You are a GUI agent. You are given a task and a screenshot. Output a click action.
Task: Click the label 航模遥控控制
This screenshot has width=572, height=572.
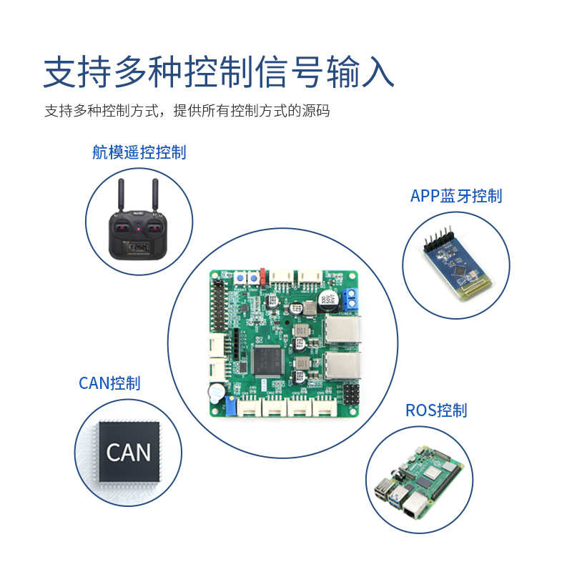pyautogui.click(x=139, y=152)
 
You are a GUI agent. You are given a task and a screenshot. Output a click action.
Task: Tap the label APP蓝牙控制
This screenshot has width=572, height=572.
pyautogui.click(x=455, y=196)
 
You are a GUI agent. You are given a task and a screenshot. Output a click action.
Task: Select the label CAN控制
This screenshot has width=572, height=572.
pyautogui.click(x=109, y=383)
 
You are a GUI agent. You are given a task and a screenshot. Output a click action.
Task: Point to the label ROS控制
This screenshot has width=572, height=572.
pyautogui.click(x=435, y=410)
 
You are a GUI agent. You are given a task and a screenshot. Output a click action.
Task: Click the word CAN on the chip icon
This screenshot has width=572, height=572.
pyautogui.click(x=129, y=452)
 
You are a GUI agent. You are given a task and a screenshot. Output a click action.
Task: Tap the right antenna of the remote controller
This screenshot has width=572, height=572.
pyautogui.click(x=154, y=194)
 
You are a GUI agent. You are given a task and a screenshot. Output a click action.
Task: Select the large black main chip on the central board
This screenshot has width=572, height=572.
pyautogui.click(x=270, y=360)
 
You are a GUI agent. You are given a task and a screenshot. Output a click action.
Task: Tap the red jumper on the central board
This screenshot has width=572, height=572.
pyautogui.click(x=262, y=275)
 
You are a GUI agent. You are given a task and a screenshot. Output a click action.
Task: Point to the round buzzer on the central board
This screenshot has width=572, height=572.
pyautogui.click(x=215, y=393)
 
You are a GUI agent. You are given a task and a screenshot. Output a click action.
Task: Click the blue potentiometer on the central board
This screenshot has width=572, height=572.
pyautogui.click(x=231, y=407)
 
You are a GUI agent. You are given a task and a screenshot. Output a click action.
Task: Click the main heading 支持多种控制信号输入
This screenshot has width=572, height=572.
pyautogui.click(x=218, y=73)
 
